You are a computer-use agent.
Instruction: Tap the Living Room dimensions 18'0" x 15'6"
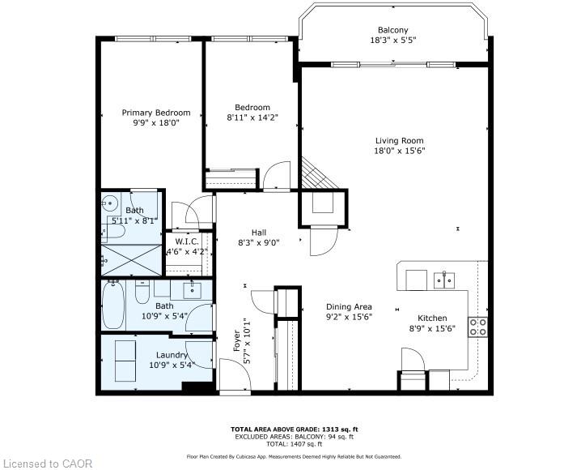click(x=399, y=150)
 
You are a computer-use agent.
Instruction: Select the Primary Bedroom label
click(x=155, y=113)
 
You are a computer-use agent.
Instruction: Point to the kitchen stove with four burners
click(x=479, y=326)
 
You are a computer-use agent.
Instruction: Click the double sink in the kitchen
click(x=443, y=280)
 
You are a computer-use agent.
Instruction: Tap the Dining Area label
click(x=349, y=306)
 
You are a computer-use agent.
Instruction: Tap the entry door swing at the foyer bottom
click(x=231, y=375)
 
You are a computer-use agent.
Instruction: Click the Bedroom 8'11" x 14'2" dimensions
click(x=252, y=118)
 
